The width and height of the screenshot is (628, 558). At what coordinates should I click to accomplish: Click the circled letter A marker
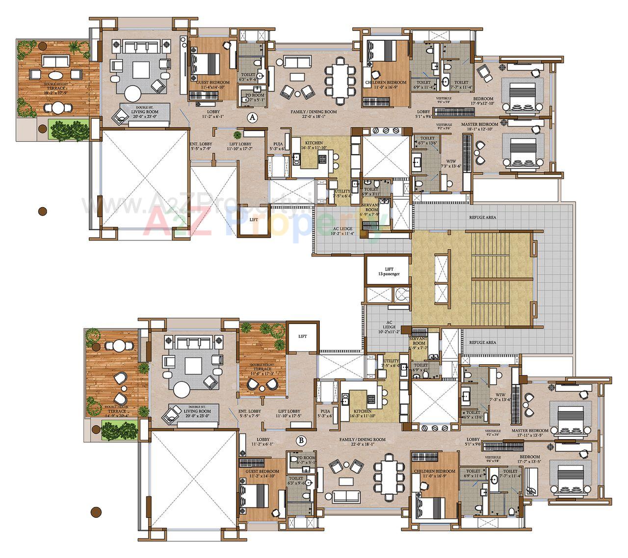pos(252,118)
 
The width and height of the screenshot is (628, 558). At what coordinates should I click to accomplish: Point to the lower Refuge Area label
pos(482,343)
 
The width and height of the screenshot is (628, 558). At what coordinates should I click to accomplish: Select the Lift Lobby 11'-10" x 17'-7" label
pos(240,147)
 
